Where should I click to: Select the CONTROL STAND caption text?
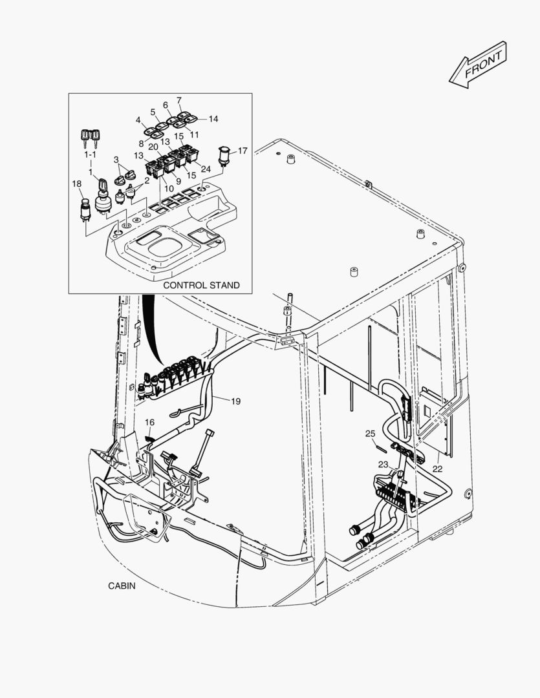click(x=201, y=285)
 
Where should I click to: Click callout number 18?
click(x=77, y=184)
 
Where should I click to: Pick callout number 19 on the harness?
click(x=235, y=401)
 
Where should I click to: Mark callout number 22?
click(x=437, y=469)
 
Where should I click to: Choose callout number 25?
click(x=370, y=433)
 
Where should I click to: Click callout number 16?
click(x=149, y=423)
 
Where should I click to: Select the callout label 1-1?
click(x=89, y=156)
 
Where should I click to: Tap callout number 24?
click(x=206, y=169)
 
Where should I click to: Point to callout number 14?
click(x=213, y=119)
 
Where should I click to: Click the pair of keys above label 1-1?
click(x=89, y=138)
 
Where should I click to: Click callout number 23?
click(x=383, y=464)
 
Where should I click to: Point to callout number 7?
click(x=179, y=100)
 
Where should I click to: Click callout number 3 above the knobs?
click(x=116, y=159)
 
